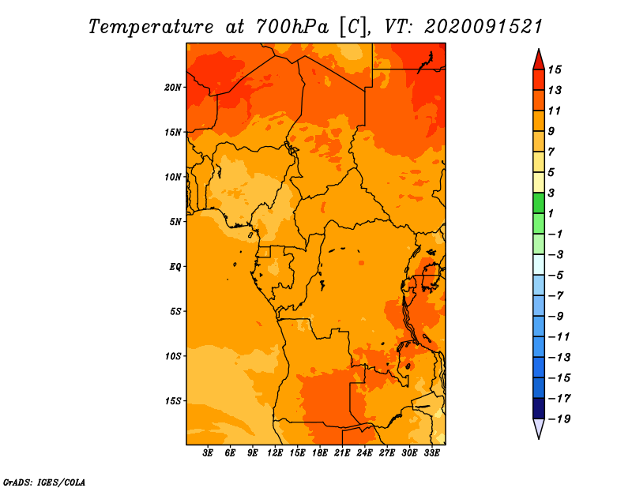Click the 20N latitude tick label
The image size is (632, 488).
(x=173, y=88)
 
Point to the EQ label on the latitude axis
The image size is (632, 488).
(x=175, y=267)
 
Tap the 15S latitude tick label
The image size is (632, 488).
(x=173, y=401)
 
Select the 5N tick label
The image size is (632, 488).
(x=175, y=222)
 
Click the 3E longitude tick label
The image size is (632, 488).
(x=208, y=453)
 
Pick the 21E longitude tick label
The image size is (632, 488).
(x=342, y=453)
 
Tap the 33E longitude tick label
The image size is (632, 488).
(x=431, y=453)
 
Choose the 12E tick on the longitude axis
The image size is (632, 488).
(x=275, y=453)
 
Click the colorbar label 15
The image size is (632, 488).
(x=555, y=69)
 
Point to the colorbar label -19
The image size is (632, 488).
(x=559, y=419)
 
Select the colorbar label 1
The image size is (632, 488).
(x=551, y=213)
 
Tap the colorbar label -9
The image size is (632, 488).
(x=556, y=317)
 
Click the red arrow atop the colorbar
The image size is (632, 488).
(x=539, y=61)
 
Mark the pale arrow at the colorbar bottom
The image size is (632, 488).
(x=539, y=428)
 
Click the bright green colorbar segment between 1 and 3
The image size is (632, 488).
(x=539, y=203)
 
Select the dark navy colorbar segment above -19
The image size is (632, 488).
(x=539, y=408)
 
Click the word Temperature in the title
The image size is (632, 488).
(x=151, y=27)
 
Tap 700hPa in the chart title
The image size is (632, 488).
(x=292, y=27)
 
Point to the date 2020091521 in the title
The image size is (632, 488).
(x=483, y=27)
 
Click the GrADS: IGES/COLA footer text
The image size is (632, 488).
(x=44, y=482)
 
